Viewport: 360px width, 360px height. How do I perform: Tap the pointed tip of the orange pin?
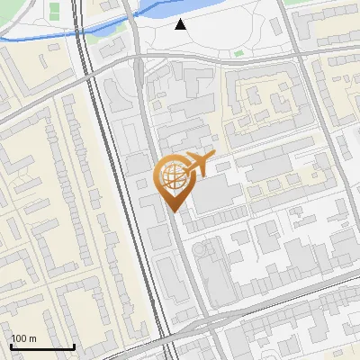[172, 211]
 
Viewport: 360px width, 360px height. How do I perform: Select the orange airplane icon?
[197, 164]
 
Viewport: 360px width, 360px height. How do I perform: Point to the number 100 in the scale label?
[20, 338]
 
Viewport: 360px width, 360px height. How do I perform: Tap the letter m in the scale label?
[32, 338]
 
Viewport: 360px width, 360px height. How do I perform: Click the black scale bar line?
[41, 346]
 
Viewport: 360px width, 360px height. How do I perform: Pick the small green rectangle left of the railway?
[54, 10]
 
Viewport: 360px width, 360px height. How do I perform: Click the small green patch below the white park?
[238, 53]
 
